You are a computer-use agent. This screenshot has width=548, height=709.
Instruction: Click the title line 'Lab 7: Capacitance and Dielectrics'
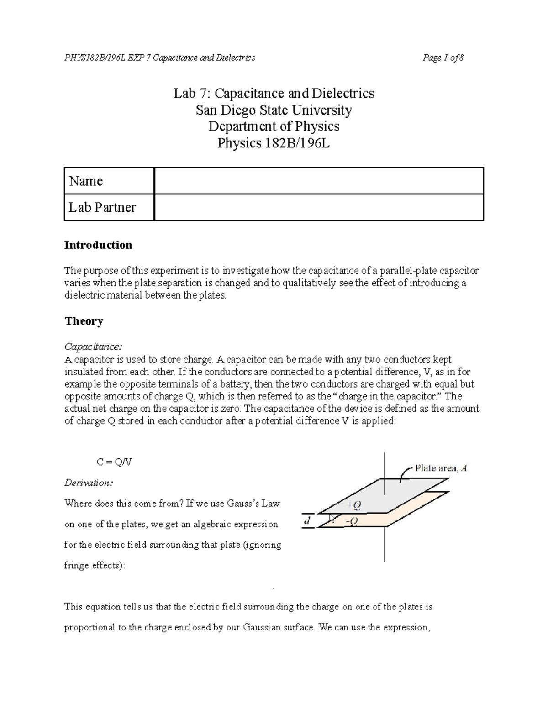tap(274, 94)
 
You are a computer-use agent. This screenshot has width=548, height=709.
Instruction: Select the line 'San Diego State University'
tap(274, 110)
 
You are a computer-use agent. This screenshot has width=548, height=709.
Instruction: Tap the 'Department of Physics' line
tap(274, 126)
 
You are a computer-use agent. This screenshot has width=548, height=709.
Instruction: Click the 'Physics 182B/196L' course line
tap(274, 143)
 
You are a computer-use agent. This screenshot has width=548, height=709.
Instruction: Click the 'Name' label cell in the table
tap(109, 181)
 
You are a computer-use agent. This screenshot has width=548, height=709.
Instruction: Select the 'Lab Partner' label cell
tap(109, 208)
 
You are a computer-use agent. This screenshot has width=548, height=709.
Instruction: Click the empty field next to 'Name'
tap(319, 181)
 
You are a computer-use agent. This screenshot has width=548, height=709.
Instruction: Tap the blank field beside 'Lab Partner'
tap(319, 208)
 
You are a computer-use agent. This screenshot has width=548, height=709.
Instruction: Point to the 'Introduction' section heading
tap(98, 245)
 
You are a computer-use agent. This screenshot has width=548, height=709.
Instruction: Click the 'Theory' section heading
tap(84, 321)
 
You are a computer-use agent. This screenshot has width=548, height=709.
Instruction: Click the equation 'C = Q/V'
tap(115, 462)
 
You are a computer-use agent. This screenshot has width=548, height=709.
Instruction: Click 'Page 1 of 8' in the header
tap(443, 58)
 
